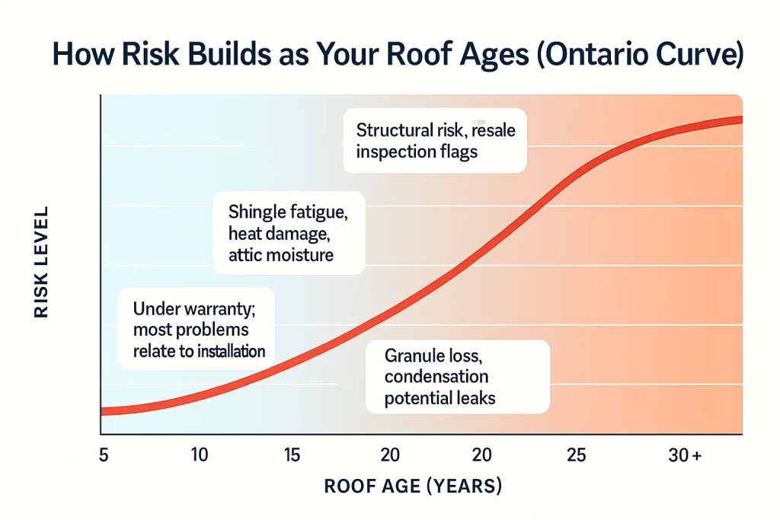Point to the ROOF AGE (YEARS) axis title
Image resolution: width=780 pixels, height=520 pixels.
[x=413, y=486]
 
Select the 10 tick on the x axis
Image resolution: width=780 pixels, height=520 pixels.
[x=199, y=455]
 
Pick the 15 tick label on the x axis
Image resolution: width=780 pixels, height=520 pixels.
[x=292, y=455]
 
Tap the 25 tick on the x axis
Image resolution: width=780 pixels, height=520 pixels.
[x=577, y=455]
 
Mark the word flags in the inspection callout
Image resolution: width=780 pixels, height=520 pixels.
[x=454, y=152]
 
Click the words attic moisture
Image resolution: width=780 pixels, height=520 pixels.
[x=281, y=254]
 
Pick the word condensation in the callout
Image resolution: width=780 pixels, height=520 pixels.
[x=436, y=376]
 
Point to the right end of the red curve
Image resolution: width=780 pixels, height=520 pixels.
[x=740, y=120]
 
